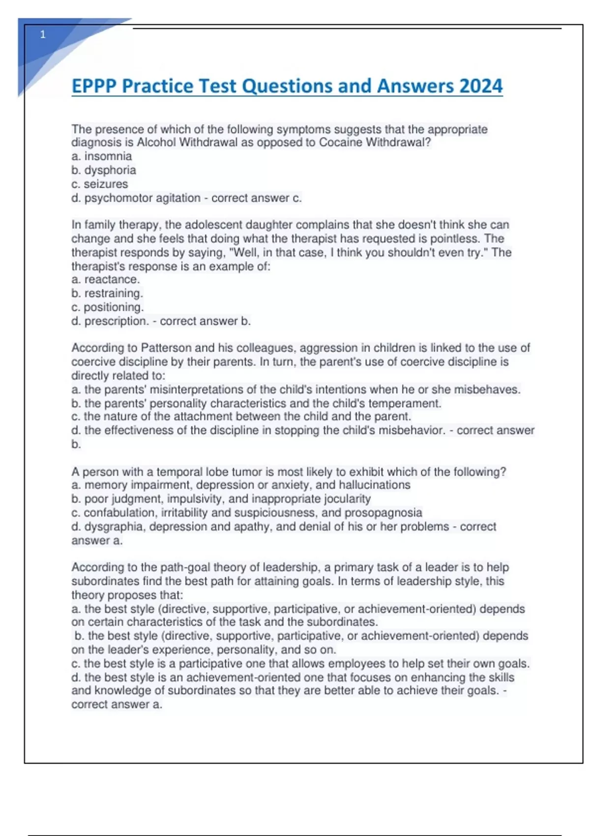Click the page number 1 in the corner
tap(43, 34)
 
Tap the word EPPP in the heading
tap(94, 86)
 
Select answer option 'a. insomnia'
tap(102, 156)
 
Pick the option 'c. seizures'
tap(100, 184)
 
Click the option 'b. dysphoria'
tap(104, 170)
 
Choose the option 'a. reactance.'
tap(106, 279)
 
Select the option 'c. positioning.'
tap(108, 307)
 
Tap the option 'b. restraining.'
tap(107, 294)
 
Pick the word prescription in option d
tap(116, 321)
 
